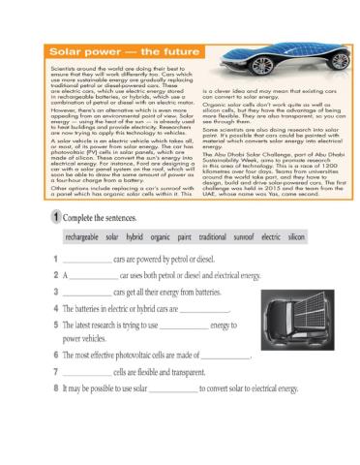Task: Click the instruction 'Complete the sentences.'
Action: (98, 218)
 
